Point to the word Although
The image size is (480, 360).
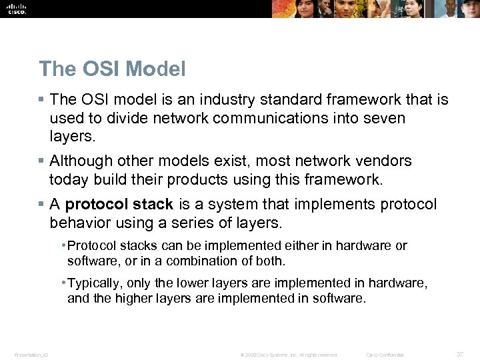79,161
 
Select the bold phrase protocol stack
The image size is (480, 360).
119,204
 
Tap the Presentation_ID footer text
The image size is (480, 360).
31,355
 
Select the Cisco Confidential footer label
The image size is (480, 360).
385,355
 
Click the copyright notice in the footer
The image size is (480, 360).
289,355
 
